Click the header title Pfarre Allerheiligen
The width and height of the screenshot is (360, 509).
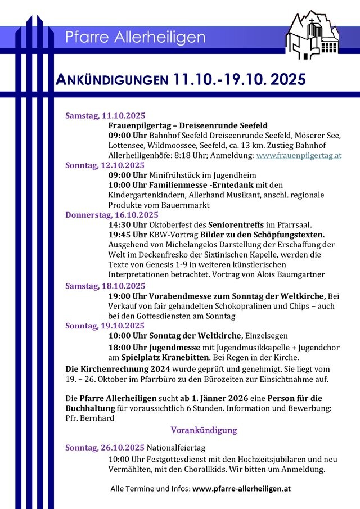[x=135, y=38]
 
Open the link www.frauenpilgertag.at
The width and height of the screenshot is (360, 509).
[x=299, y=155]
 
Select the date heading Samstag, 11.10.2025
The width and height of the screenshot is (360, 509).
[x=105, y=116]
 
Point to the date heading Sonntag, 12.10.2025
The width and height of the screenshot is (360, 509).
[x=105, y=165]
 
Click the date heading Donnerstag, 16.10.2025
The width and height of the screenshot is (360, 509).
[x=112, y=214]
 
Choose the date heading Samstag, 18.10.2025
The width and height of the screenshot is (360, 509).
[x=105, y=286]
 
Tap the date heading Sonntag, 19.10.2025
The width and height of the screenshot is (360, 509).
[x=105, y=326]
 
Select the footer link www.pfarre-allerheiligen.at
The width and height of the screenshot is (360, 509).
[x=241, y=489]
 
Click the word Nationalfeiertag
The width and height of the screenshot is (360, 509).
[x=176, y=448]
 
